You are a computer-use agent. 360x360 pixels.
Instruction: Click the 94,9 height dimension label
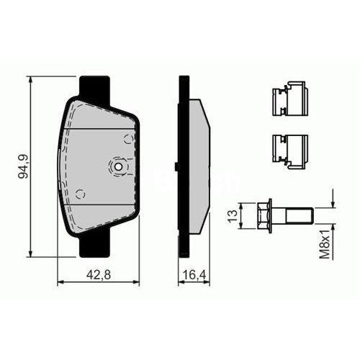pyautogui.click(x=22, y=166)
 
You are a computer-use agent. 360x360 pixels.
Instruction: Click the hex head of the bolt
pyautogui.click(x=269, y=215)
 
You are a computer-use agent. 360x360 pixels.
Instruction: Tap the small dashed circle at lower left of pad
pyautogui.click(x=81, y=193)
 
